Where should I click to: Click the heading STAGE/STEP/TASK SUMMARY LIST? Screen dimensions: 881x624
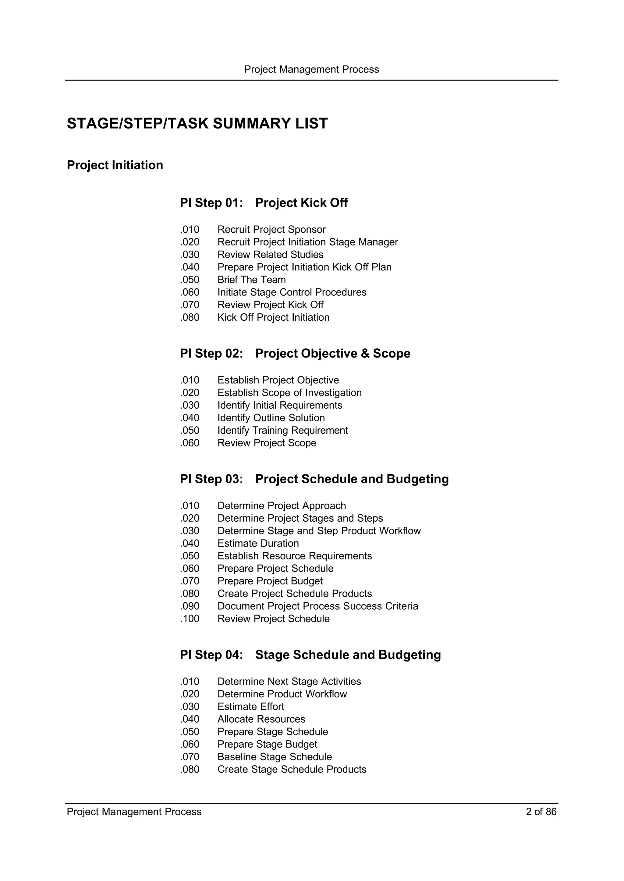(x=197, y=124)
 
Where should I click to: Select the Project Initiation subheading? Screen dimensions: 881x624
(x=115, y=165)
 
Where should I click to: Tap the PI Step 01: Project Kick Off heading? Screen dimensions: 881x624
(x=264, y=203)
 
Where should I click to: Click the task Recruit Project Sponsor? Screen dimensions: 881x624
(x=271, y=230)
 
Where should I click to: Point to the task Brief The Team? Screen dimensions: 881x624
(x=251, y=280)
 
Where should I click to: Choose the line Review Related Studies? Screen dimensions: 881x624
(x=270, y=255)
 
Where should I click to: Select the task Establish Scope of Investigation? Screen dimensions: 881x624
(x=289, y=393)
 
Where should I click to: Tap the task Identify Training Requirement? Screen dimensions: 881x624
(x=282, y=431)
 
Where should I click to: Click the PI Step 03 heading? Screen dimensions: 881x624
(x=314, y=479)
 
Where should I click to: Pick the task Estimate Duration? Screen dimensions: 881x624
(x=258, y=543)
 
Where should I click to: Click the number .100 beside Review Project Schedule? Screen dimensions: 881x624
(x=190, y=619)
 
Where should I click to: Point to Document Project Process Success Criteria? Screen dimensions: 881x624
(x=317, y=606)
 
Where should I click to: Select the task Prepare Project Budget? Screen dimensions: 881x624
(x=270, y=581)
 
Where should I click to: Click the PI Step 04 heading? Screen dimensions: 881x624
(x=310, y=655)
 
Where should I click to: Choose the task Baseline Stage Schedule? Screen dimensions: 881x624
(x=274, y=757)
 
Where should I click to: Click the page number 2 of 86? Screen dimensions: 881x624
(x=541, y=812)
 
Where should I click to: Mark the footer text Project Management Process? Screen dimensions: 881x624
(x=134, y=812)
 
